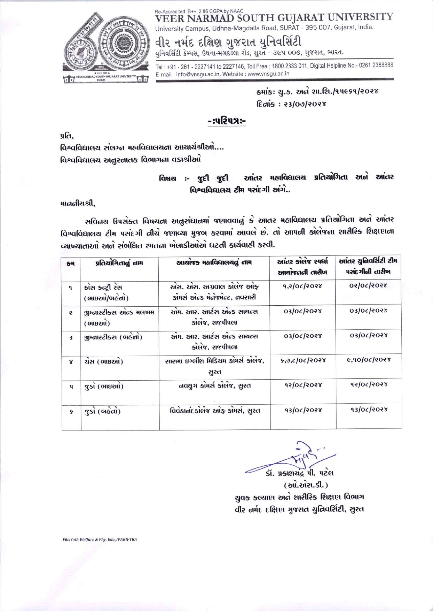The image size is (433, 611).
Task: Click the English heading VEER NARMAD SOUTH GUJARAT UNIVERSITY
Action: pos(274,17)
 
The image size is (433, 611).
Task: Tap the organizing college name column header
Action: pos(214,262)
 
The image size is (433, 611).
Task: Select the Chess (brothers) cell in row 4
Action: pos(104,362)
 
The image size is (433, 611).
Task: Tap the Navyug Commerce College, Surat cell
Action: pos(214,386)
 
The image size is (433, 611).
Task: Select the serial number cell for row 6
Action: pos(71,412)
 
